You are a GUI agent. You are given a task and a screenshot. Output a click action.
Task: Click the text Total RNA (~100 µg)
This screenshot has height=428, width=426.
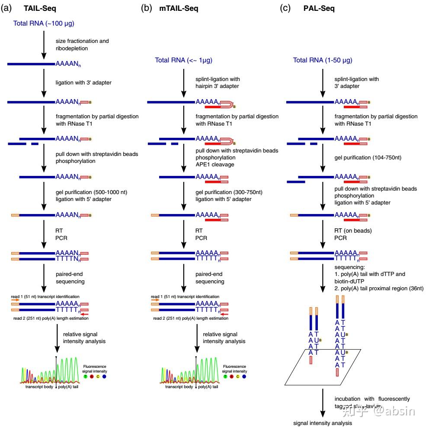[x=44, y=23]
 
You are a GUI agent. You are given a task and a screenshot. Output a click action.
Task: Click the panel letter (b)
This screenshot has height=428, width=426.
[x=147, y=8]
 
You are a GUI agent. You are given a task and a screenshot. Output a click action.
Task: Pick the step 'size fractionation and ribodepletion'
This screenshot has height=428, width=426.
[x=82, y=45]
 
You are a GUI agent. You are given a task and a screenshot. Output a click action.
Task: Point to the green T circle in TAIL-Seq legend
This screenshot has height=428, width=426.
[x=85, y=376]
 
